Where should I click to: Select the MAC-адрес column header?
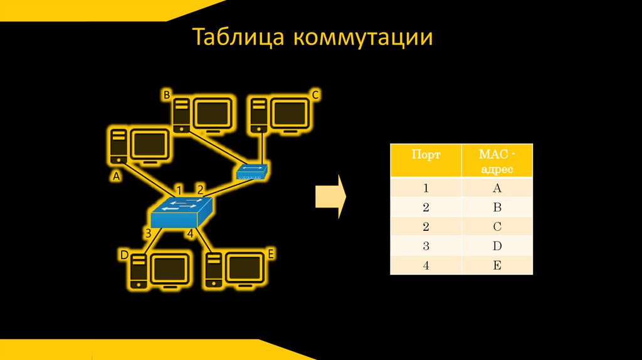coord(497,161)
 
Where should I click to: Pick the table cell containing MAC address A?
coord(497,188)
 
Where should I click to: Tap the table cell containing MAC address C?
coord(497,226)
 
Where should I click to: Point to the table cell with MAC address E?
coord(497,265)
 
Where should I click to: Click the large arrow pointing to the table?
coord(330,196)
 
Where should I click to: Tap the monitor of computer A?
coord(150,145)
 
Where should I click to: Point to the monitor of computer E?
coord(245,267)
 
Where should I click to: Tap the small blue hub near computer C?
coord(253,172)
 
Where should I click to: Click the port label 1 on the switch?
coord(179,189)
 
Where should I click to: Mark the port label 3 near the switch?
coord(148,234)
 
